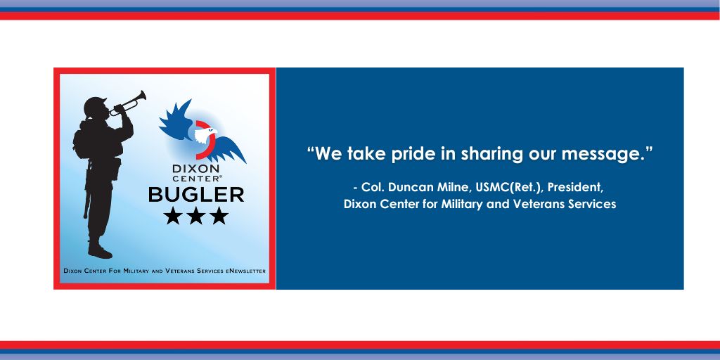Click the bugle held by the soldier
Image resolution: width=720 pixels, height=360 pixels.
point(129,104)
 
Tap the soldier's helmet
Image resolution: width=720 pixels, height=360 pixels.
point(95,105)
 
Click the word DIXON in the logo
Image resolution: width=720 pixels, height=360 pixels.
point(196,169)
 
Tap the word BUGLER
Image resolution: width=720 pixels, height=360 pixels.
point(196,195)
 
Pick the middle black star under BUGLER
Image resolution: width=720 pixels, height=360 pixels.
point(196,215)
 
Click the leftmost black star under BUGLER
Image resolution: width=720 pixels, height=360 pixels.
point(173,215)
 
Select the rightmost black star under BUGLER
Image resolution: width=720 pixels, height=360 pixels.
point(219,215)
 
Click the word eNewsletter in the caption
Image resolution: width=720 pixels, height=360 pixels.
point(245,271)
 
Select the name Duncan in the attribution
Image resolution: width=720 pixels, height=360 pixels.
point(406,188)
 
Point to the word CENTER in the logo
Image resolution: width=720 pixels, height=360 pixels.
point(196,178)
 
